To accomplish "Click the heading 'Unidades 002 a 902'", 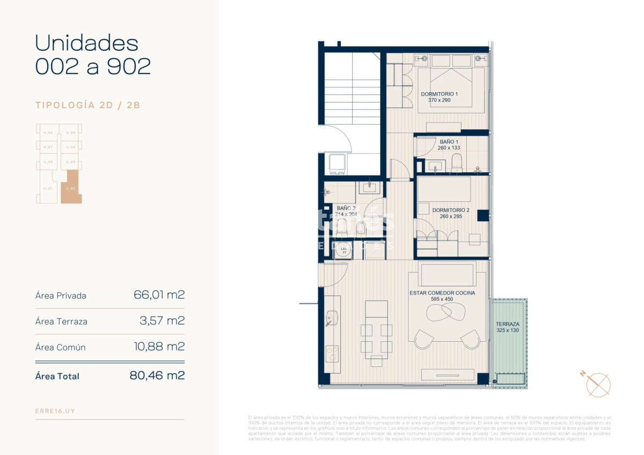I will pos(92,55).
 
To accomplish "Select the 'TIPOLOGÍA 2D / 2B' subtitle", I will pos(87,105).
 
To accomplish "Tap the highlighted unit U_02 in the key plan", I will pos(70,188).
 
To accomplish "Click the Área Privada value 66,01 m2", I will pos(159,295).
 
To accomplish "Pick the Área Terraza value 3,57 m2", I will pos(162,321).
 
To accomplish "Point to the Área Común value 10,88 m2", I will pos(159,347).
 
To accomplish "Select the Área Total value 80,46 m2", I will pos(157,376).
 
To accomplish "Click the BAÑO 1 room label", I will pos(449,142).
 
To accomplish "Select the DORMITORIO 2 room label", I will pos(451,210).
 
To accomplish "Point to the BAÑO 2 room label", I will pos(346,208).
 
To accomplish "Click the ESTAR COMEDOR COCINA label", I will pos(442,293).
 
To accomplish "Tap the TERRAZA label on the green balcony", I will pos(507,324).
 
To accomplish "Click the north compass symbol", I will pos(597,384).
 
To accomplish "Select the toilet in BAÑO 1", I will pos(457,163).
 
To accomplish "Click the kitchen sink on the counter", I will pos(330,318).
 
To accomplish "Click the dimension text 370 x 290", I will pos(439,100).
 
